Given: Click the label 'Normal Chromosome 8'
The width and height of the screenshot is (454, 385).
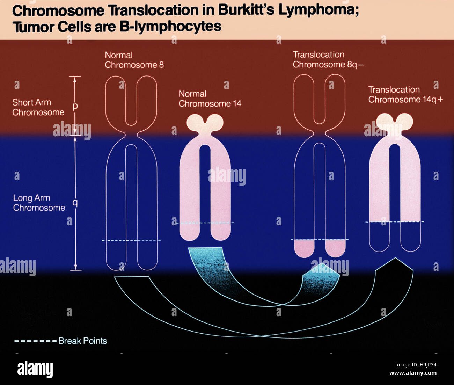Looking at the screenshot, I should click(x=134, y=60).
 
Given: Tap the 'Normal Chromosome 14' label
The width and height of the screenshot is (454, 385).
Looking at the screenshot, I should click(x=210, y=99).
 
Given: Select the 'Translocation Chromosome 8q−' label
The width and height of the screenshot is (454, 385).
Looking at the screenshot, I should click(x=328, y=60).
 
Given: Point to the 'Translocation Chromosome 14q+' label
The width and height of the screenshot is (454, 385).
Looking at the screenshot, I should click(x=405, y=95).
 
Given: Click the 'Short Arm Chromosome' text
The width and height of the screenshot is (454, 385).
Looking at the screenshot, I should click(x=38, y=107).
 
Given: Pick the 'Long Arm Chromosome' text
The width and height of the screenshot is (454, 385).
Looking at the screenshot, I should click(x=39, y=203).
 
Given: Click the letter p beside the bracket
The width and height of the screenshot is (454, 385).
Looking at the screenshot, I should click(x=75, y=106).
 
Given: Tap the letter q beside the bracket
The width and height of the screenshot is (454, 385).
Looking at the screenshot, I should click(x=75, y=202).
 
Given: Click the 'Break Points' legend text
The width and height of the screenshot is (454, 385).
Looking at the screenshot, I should click(x=82, y=341).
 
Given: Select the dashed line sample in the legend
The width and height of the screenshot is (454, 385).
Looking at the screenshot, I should click(x=35, y=341).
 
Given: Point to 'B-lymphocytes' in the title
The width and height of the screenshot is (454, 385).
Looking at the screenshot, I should click(x=170, y=27).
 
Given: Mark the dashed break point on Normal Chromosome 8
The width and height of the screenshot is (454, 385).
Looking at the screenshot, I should click(x=131, y=240).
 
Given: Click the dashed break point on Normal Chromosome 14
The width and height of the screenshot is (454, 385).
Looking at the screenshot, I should click(x=205, y=223).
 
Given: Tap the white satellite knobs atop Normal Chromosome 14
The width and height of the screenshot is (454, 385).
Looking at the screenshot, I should click(x=205, y=123).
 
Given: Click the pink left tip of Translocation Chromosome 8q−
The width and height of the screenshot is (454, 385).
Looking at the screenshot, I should click(x=304, y=248).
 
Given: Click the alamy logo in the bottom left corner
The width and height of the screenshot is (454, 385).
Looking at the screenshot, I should click(x=35, y=369).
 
